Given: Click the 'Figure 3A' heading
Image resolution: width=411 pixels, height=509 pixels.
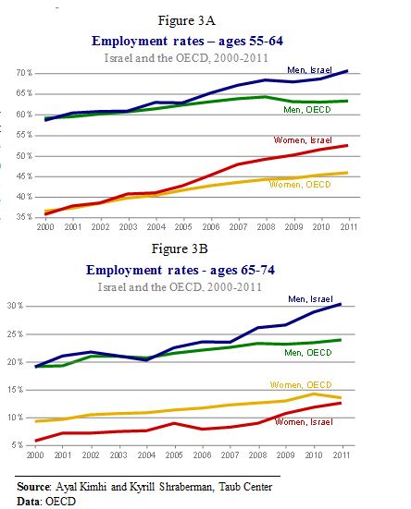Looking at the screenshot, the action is (186, 20).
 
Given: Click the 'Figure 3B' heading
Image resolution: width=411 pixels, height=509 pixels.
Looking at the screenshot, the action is (180, 249).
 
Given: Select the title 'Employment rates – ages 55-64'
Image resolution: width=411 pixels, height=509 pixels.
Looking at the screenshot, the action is (187, 42).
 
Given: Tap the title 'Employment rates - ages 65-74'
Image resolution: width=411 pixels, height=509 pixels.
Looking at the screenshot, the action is (181, 270).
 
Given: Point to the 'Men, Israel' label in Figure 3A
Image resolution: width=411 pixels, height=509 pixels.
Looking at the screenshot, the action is (309, 70).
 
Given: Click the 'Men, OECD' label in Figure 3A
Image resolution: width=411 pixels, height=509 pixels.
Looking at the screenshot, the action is (307, 110).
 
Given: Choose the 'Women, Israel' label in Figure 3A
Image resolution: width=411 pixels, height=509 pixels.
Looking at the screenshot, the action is (303, 140).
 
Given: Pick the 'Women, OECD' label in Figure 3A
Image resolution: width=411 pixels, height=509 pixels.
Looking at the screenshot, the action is (300, 185).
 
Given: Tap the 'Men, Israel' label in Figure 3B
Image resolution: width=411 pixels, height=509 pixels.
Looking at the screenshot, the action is (310, 299).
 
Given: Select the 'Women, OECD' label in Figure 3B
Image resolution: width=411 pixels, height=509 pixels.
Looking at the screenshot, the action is (301, 385).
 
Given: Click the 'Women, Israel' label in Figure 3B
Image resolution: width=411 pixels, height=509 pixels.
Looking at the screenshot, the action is (304, 422).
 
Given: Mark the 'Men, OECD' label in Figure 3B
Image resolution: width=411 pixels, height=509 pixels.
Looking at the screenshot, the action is (308, 353).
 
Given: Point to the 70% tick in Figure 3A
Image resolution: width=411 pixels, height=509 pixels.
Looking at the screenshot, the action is (24, 73).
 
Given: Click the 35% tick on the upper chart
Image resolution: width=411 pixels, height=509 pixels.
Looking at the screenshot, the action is (24, 217).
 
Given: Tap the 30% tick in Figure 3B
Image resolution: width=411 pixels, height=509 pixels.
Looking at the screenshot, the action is (16, 306).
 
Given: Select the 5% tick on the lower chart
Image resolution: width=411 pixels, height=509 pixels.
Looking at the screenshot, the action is (18, 445).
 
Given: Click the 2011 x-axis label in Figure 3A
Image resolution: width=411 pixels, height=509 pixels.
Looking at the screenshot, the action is (349, 227).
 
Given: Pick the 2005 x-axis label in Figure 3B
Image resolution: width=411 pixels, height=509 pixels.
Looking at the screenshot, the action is (174, 455).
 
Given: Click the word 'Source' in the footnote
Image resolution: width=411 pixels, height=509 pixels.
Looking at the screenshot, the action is (33, 487).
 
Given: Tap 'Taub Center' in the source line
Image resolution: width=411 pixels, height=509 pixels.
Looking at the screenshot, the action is (245, 487).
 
